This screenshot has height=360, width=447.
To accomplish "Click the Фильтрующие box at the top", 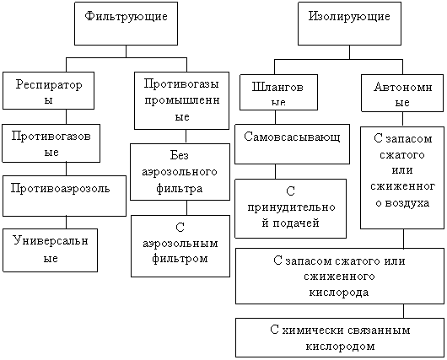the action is coord(126,24).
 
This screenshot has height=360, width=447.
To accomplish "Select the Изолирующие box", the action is coord(349,24).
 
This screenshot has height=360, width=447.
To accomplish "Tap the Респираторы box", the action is coord(48,91).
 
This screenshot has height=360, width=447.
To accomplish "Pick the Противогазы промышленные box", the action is coord(181,101).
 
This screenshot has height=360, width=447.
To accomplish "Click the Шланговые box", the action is coord(278,93).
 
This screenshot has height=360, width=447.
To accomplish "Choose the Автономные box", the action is coord(402,94).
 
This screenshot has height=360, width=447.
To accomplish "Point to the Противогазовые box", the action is coord(51,143).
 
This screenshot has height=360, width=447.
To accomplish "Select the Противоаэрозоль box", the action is coord(64,196).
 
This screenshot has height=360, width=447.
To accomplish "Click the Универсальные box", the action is coord(50,250).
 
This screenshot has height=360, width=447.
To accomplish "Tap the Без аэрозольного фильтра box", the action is coord(180,172).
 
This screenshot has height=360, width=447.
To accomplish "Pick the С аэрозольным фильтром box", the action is coord(180,246).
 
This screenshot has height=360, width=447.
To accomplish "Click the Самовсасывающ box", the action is coord(292,144).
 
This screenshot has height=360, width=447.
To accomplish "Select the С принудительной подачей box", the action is coord(290,208).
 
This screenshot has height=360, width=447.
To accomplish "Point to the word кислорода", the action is coord(339,293).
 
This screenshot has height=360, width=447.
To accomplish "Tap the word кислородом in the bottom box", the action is coord(340,347).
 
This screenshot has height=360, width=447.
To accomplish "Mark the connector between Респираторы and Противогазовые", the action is coord(66,117).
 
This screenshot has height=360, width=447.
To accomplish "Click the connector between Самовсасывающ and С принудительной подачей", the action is coord(276,172).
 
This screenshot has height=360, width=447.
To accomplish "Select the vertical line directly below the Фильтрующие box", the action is coord(126,51).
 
